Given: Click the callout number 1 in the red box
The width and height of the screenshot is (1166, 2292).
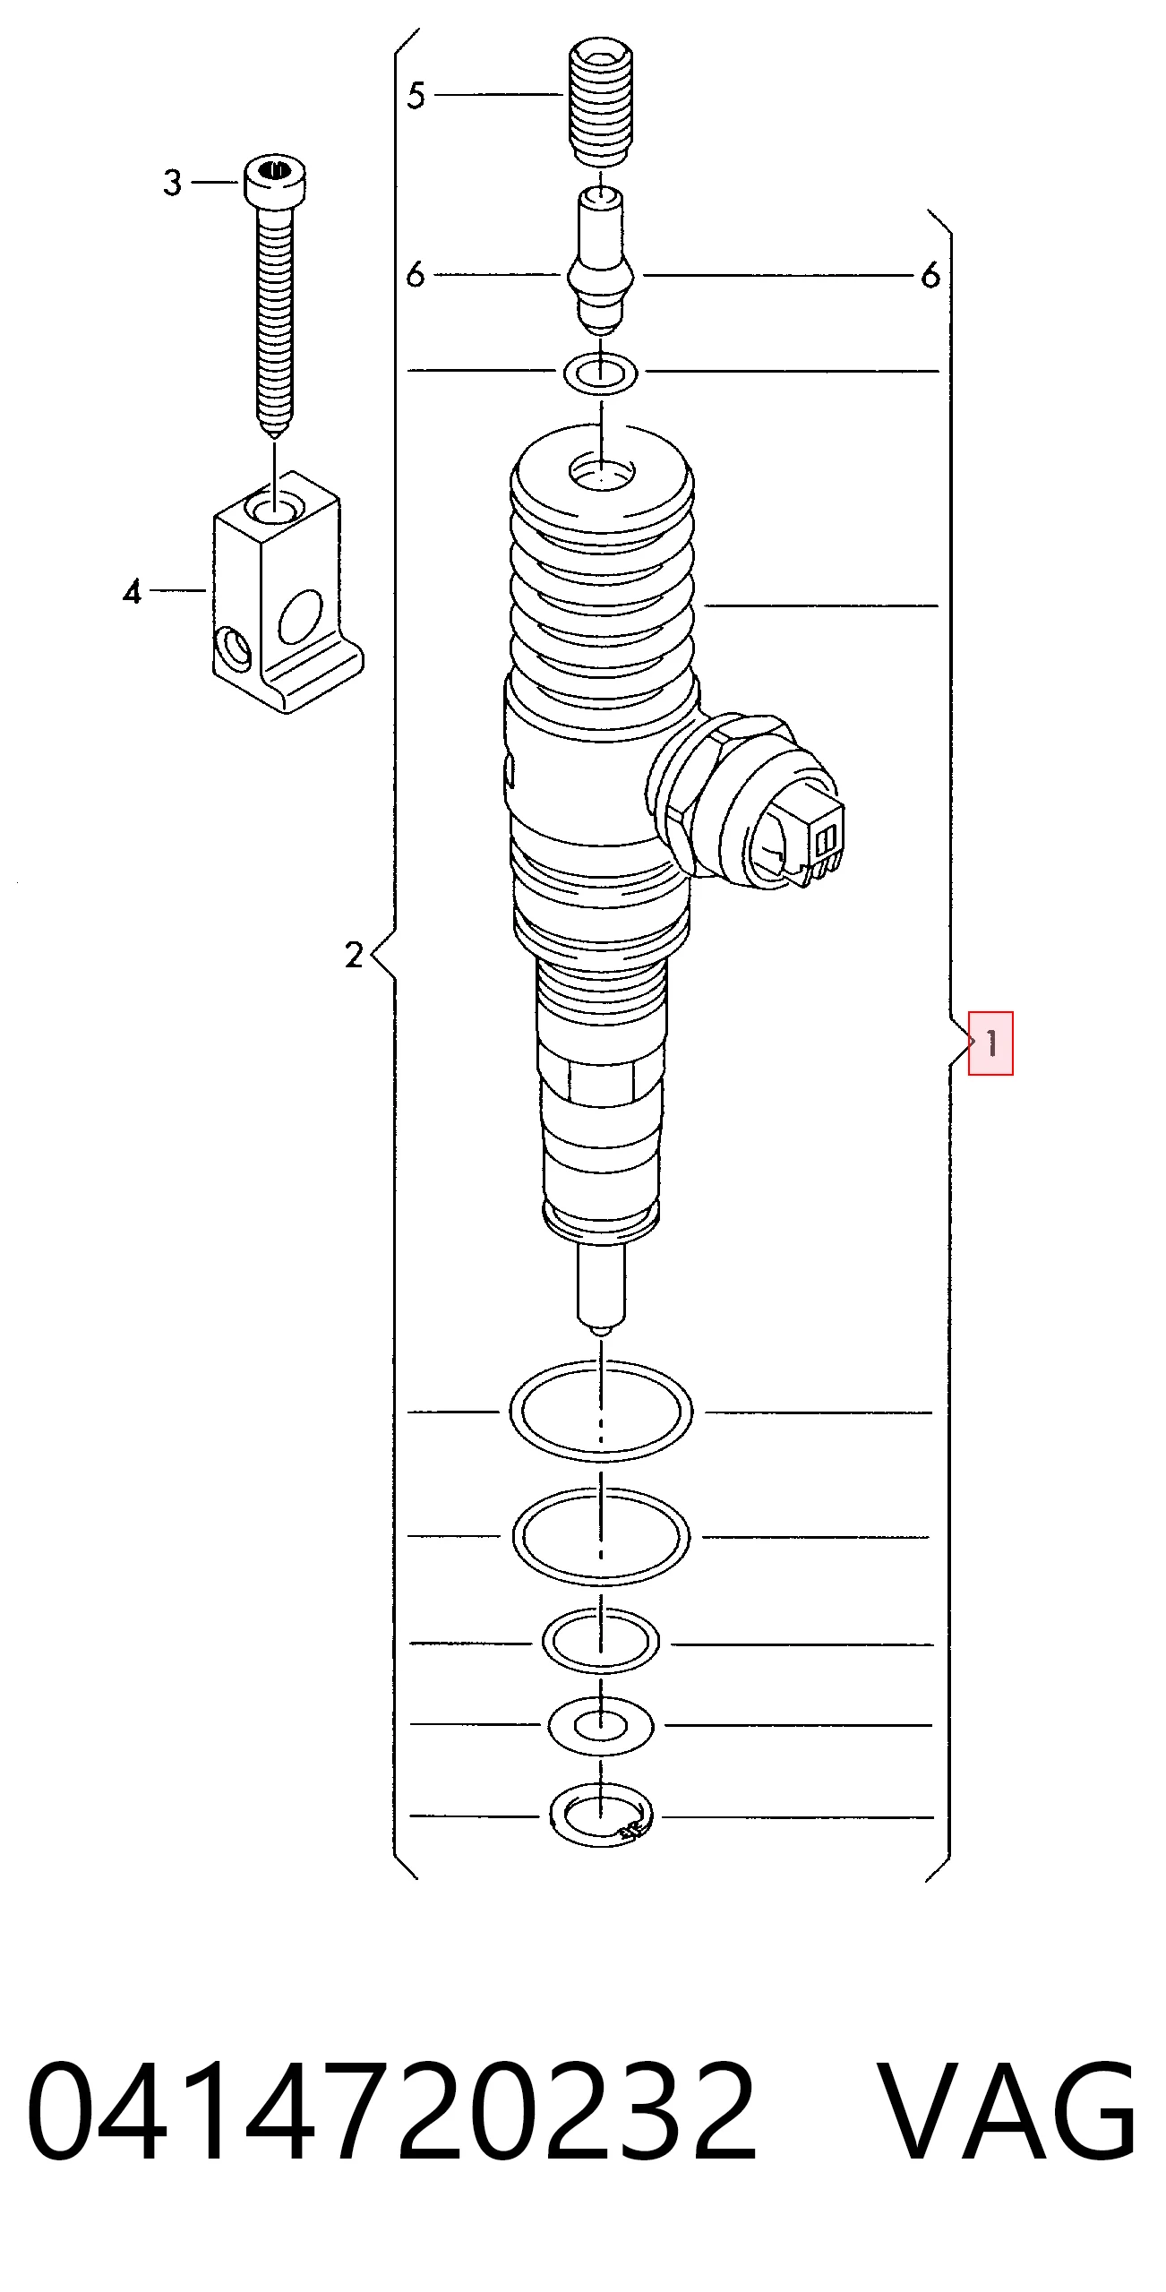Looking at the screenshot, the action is [x=991, y=1043].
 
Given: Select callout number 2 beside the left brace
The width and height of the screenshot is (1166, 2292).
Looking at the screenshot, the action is [x=355, y=955].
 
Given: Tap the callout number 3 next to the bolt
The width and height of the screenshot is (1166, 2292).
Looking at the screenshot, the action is [x=173, y=183].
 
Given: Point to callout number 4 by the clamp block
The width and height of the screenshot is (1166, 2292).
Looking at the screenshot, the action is [x=133, y=591].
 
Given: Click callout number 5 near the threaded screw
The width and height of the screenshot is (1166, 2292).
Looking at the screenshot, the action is [x=416, y=95].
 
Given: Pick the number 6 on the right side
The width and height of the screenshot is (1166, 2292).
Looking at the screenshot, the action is [x=930, y=275].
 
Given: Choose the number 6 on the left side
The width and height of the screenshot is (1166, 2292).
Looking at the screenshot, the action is [x=415, y=275].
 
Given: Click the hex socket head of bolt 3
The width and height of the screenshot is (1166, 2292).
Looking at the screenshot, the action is [x=275, y=180].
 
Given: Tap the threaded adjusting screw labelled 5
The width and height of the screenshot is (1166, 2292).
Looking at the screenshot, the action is [x=601, y=101].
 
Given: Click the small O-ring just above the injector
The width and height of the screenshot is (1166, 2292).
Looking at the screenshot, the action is [x=600, y=372].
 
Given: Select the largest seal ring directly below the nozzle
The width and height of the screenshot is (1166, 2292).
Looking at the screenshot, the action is [x=601, y=1411].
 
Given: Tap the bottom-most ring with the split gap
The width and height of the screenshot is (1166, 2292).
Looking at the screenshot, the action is [x=601, y=1815].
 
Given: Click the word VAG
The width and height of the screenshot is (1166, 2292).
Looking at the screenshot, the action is [x=1007, y=2112].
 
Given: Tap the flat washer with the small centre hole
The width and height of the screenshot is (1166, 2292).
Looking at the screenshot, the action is [x=601, y=1725].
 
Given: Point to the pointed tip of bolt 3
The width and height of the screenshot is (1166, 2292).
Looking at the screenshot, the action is [x=275, y=434].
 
